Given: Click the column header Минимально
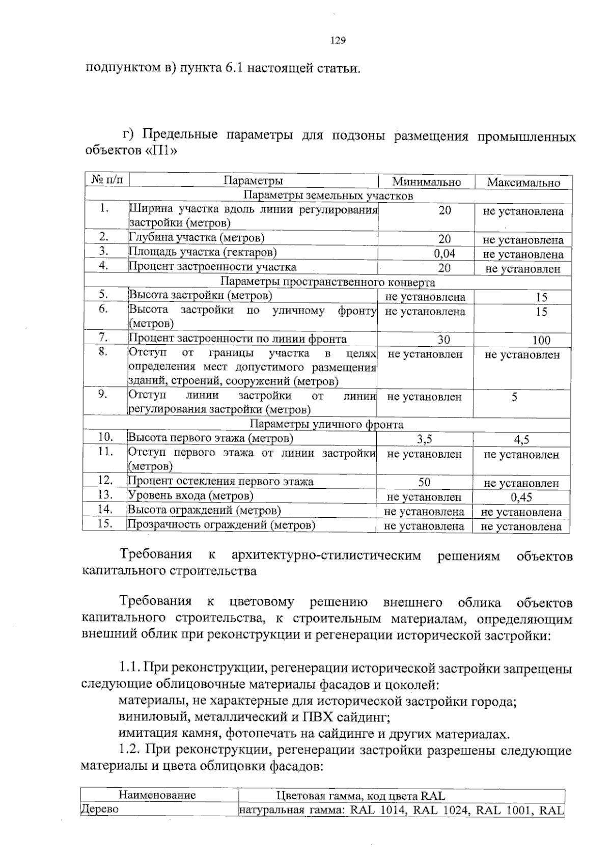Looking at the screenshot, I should coord(426,182).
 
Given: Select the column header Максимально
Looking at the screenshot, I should coord(523,183).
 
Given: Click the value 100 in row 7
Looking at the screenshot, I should coord(541,340).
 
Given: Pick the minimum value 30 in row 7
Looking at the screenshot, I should coord(443,340).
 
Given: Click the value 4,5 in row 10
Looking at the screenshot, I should coord(521,439).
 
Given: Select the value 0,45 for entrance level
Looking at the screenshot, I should coord(521,497).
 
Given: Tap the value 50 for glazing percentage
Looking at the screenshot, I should coord(424,482).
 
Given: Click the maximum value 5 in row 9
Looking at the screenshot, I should coord(515,397).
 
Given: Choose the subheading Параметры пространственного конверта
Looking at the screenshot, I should coord(328,282).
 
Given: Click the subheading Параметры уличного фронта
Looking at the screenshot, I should coord(326,424).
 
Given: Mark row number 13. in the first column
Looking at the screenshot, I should coord(105,494).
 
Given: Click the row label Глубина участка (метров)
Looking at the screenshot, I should coord(197,238).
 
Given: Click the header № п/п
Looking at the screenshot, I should coord(107,180).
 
